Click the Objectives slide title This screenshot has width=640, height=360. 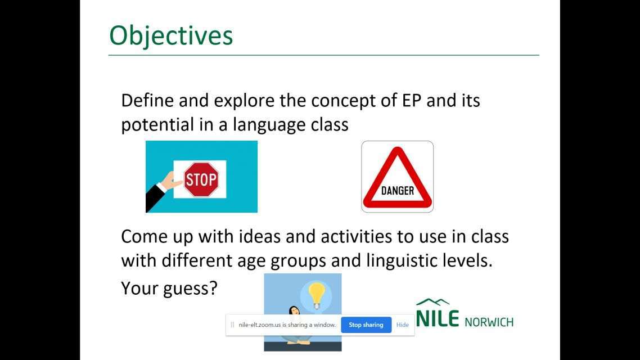(x=171, y=36)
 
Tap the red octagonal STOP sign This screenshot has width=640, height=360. (x=200, y=179)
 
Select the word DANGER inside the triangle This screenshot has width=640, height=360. (x=397, y=191)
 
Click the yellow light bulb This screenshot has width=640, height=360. (x=316, y=295)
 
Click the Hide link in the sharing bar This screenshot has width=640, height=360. (x=403, y=325)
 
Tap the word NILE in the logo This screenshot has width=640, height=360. (x=438, y=318)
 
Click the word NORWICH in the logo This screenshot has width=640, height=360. (x=489, y=322)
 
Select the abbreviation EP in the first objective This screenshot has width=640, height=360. (x=412, y=101)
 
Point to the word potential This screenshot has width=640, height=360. (x=157, y=125)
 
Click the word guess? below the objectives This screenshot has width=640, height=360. (x=190, y=289)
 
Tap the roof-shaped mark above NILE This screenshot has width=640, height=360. (x=432, y=302)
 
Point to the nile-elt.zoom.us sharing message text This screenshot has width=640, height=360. (x=287, y=325)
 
